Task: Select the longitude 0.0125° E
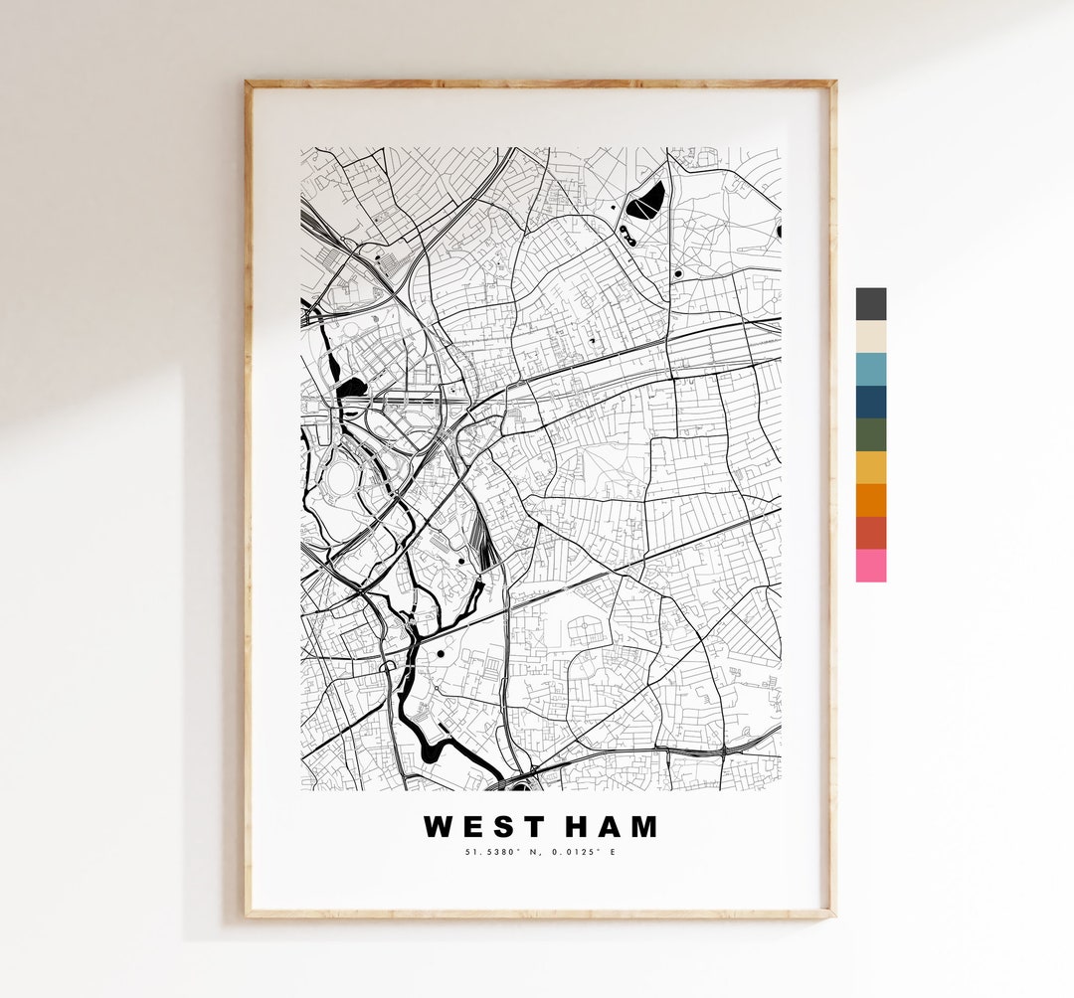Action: click(x=581, y=852)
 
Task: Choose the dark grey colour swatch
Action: click(x=870, y=303)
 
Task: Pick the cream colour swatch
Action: click(x=870, y=336)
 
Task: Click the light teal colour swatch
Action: click(x=870, y=369)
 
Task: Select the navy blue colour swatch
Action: click(x=870, y=402)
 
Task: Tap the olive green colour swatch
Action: click(x=870, y=434)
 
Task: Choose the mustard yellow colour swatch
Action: click(x=870, y=467)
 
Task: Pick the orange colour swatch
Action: click(x=870, y=500)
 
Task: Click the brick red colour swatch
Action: click(x=870, y=533)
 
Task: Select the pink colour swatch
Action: click(x=870, y=566)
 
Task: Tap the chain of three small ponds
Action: click(x=627, y=235)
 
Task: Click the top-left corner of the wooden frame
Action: click(x=248, y=83)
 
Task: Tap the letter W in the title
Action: click(x=438, y=826)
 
